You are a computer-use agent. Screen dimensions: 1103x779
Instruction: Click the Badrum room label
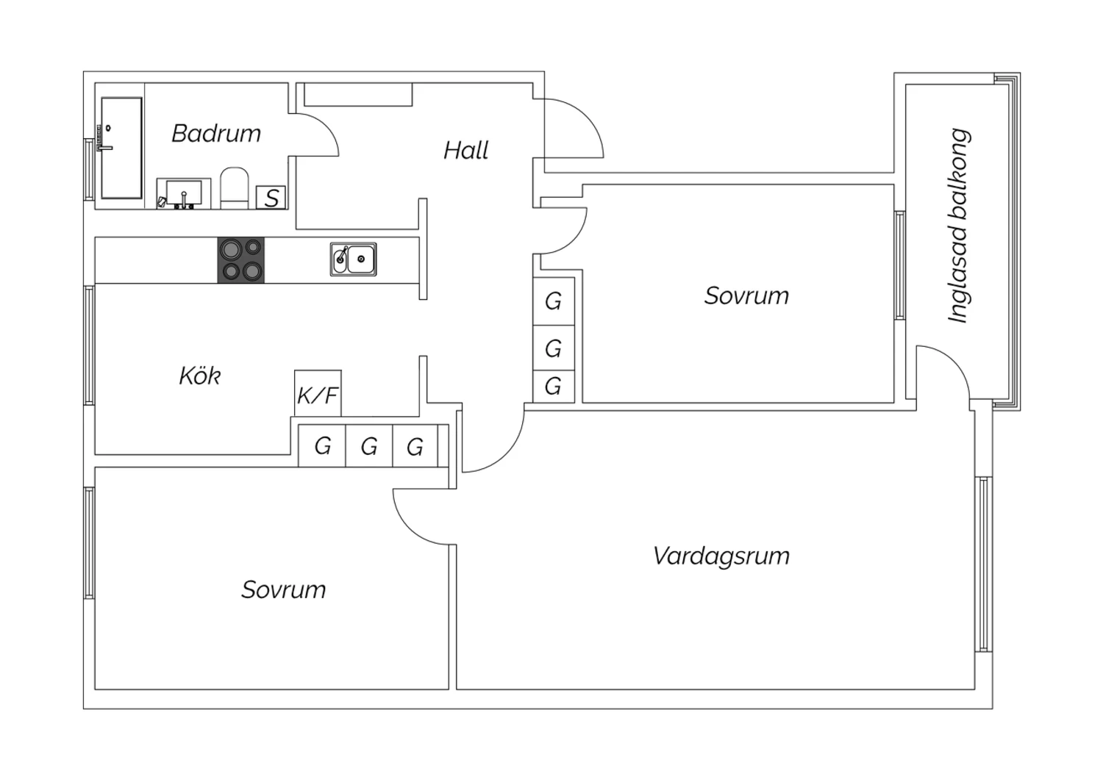[x=216, y=133]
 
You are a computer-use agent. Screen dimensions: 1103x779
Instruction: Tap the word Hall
[x=465, y=150]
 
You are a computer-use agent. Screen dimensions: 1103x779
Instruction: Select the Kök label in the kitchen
[x=199, y=376]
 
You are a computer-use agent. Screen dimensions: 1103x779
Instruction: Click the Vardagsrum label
[x=721, y=556]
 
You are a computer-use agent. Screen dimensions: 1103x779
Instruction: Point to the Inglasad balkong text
[x=959, y=226]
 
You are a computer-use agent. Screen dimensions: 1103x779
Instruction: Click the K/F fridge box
[x=318, y=393]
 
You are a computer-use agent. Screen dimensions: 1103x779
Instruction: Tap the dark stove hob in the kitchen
[x=240, y=260]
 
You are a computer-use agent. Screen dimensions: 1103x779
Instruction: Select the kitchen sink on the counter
[x=354, y=259]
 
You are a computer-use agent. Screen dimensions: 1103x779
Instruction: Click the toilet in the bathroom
[x=235, y=188]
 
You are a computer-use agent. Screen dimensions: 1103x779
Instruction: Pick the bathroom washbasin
[x=184, y=193]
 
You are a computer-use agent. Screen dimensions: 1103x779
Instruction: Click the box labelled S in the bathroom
[x=271, y=198]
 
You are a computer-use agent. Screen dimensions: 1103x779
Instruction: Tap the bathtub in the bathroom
[x=121, y=148]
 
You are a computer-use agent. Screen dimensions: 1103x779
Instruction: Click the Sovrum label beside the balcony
[x=746, y=295]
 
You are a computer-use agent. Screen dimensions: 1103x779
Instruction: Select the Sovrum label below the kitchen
[x=284, y=589]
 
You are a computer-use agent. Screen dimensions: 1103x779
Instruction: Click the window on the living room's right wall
[x=983, y=564]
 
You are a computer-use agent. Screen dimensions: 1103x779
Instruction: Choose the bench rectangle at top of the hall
[x=359, y=94]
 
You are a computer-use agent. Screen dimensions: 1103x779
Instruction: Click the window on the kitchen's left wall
[x=89, y=345]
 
